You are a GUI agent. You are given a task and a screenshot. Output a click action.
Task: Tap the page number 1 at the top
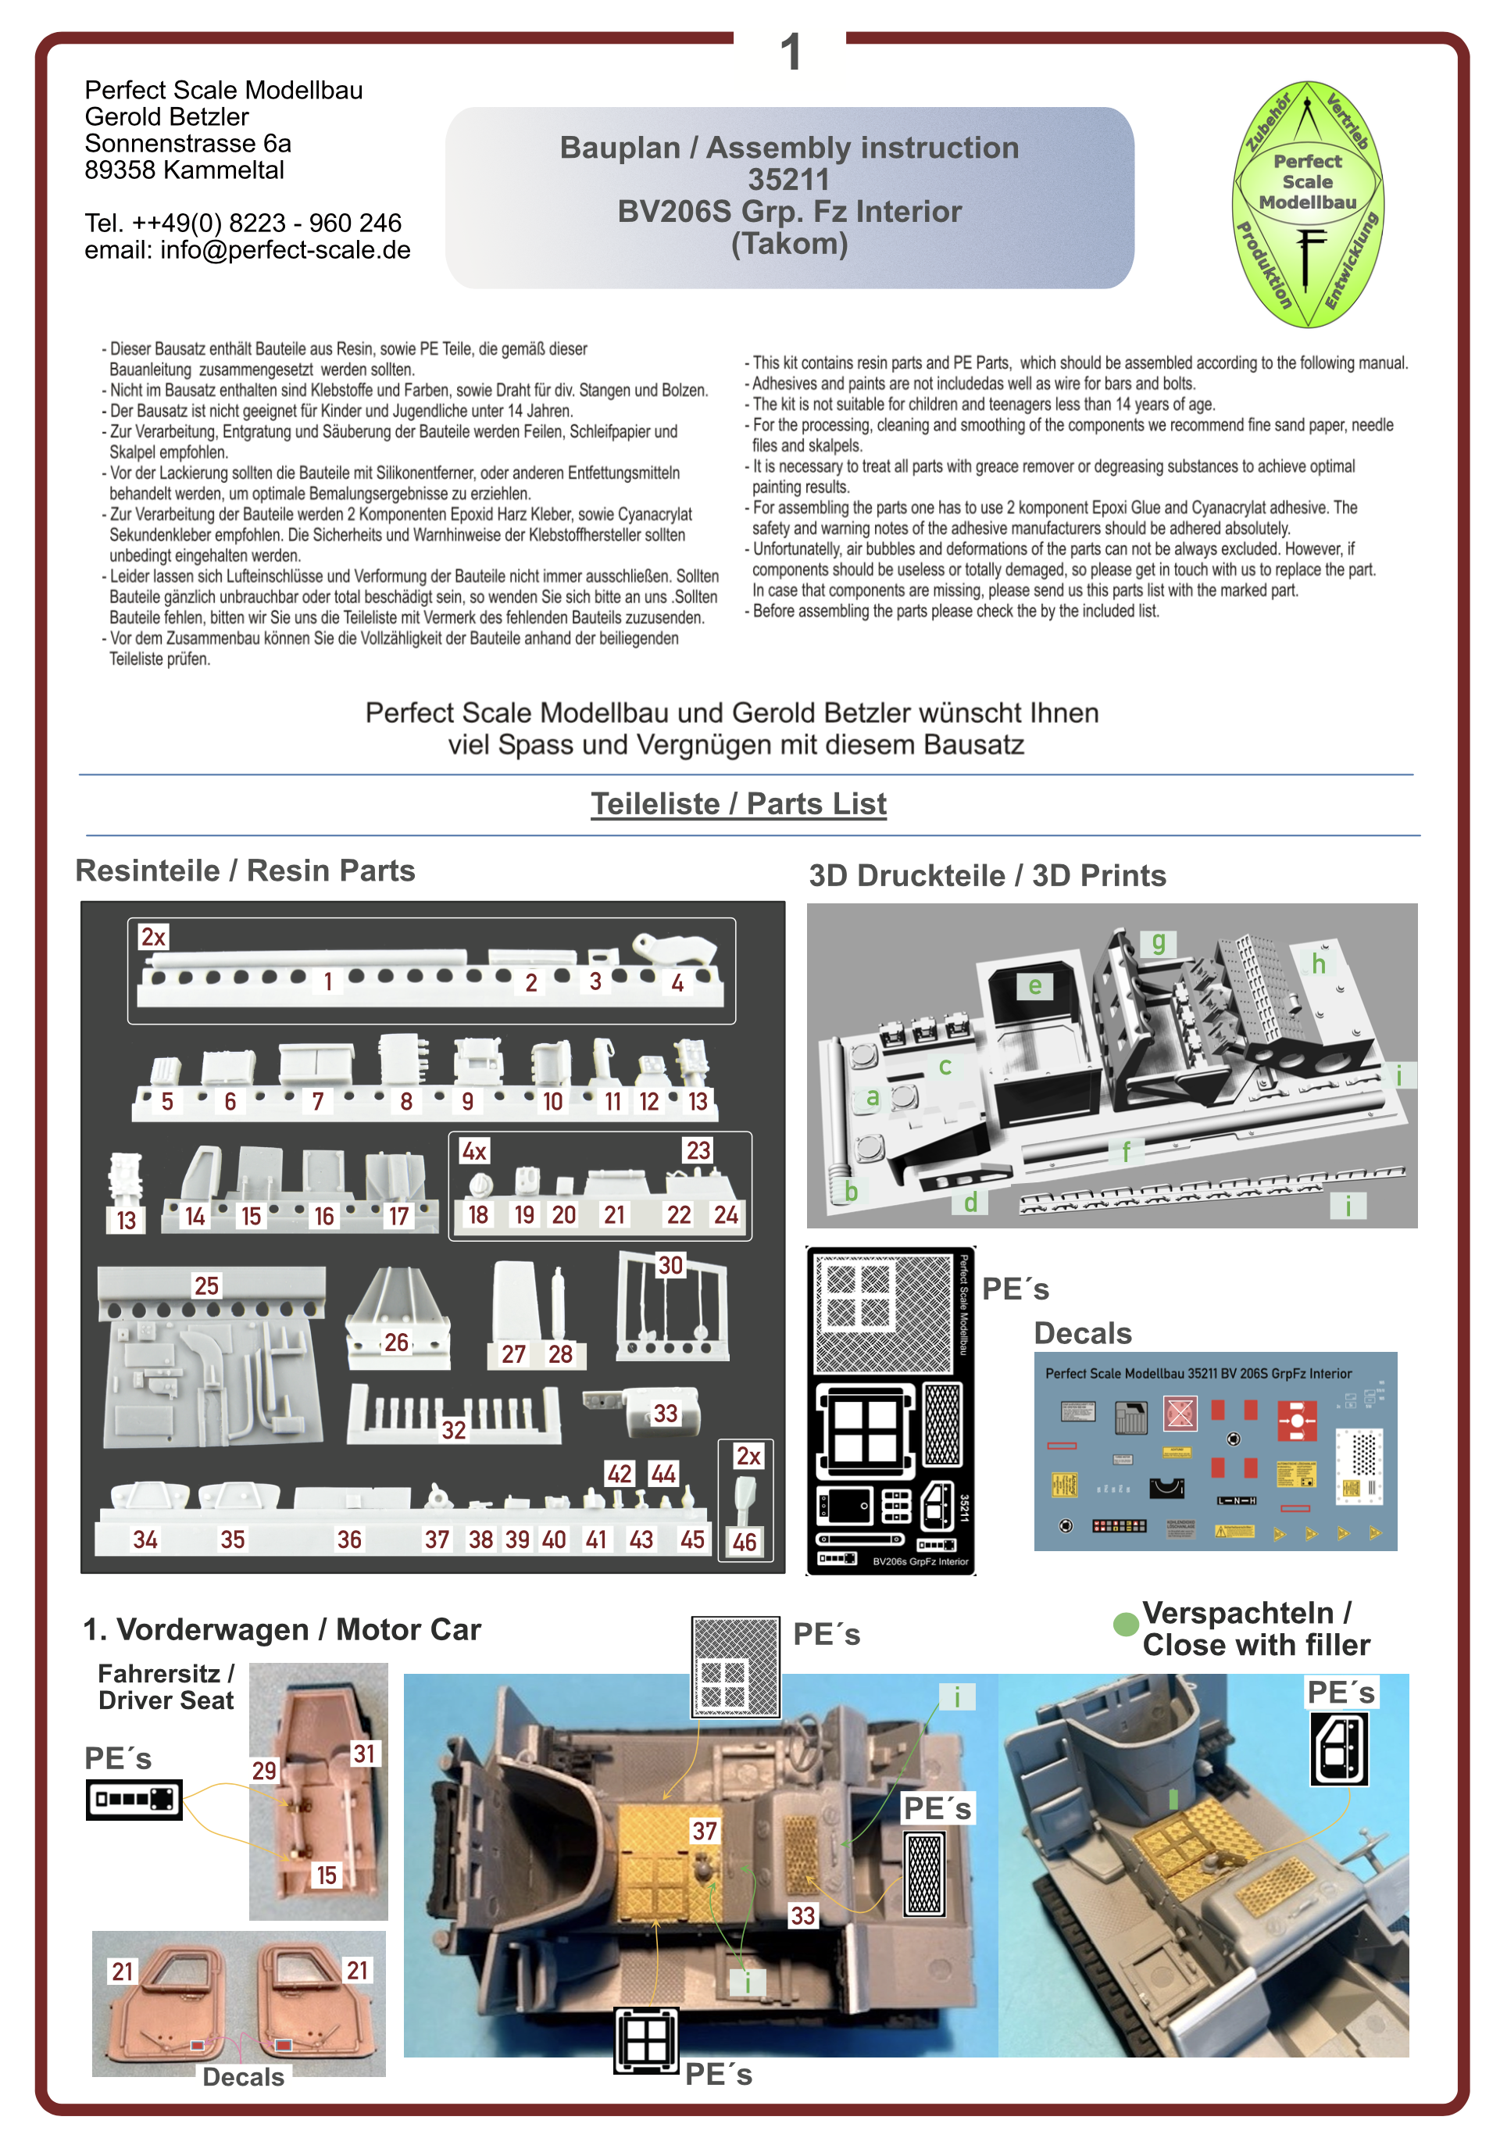(790, 52)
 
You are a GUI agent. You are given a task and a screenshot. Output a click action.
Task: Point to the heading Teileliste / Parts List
(737, 803)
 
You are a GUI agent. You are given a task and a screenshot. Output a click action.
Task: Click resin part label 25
(205, 1286)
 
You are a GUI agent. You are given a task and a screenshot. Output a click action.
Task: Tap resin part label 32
(453, 1430)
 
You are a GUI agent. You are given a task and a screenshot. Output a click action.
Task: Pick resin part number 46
(744, 1542)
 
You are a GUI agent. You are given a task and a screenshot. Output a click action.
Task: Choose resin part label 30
(670, 1265)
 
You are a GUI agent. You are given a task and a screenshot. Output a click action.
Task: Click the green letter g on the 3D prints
(1159, 942)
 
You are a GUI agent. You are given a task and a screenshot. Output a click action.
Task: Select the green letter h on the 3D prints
(1319, 964)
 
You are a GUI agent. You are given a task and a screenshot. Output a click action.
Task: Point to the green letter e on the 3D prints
(1034, 985)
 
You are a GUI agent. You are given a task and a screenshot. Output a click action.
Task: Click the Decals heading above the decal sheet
(1082, 1333)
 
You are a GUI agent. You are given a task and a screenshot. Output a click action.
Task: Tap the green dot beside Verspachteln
(1126, 1624)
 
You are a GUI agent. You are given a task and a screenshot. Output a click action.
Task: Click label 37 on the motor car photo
(704, 1832)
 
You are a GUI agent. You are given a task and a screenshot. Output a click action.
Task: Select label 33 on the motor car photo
(802, 1915)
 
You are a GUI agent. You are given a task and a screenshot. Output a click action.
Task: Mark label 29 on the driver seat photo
(264, 1770)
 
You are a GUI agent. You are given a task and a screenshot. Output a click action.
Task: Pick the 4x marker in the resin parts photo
(474, 1151)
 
